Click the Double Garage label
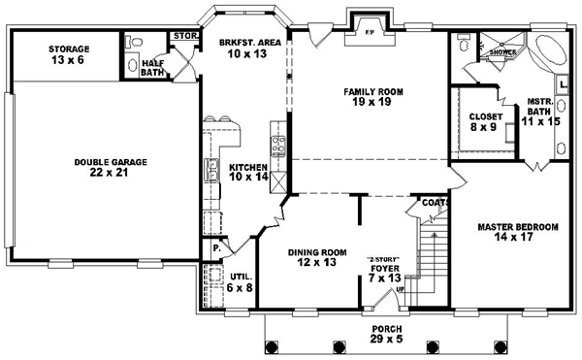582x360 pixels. click(x=111, y=162)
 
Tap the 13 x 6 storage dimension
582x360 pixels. click(x=68, y=60)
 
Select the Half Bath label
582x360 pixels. click(x=152, y=68)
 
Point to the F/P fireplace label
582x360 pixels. click(x=370, y=32)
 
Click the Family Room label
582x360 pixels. click(x=373, y=91)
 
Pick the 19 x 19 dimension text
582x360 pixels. click(x=372, y=102)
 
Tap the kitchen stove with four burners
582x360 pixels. click(x=278, y=146)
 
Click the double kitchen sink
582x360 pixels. click(x=211, y=170)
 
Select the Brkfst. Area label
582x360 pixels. click(x=250, y=43)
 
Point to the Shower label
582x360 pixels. click(x=502, y=52)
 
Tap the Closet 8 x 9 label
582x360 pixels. click(x=484, y=121)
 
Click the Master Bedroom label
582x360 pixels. click(x=518, y=227)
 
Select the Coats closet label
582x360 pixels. click(x=436, y=203)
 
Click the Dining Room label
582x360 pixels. click(x=317, y=252)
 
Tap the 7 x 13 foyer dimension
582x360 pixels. click(x=385, y=278)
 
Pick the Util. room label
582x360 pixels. click(x=241, y=277)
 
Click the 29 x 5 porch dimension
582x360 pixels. click(x=386, y=339)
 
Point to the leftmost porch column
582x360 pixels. click(x=272, y=347)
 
